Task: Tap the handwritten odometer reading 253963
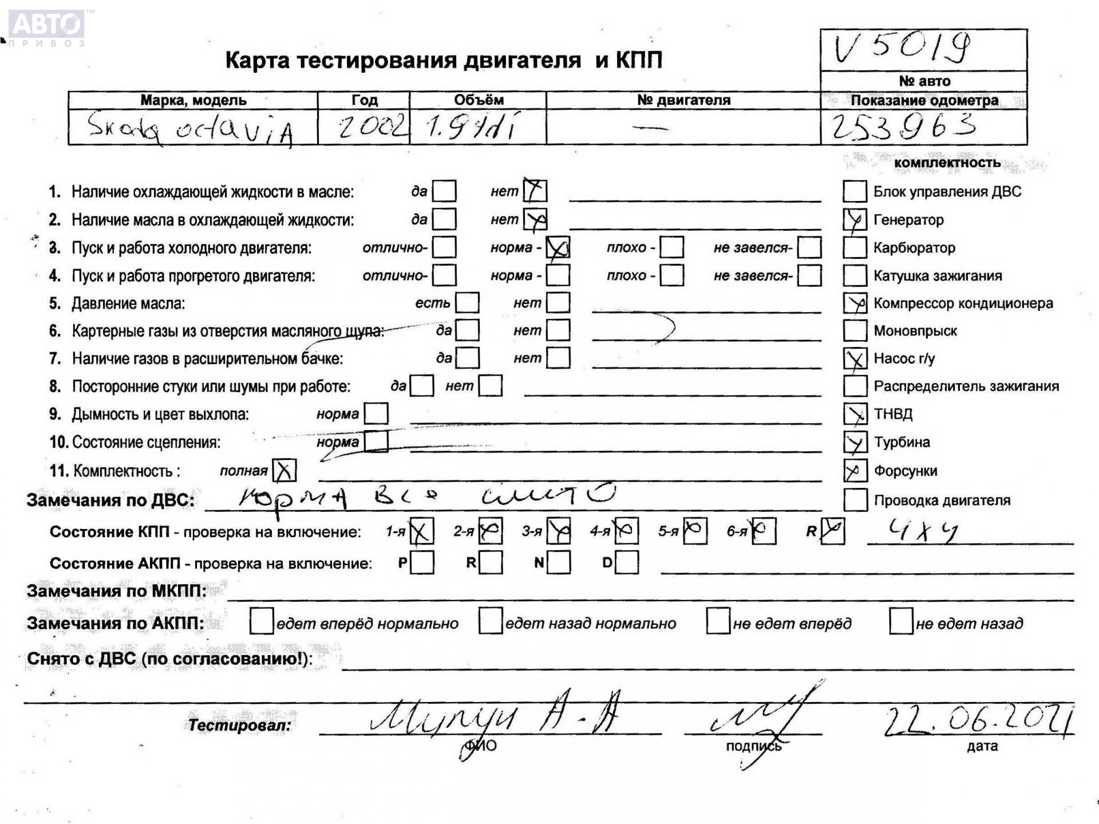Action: point(903,127)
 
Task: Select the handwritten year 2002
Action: point(373,127)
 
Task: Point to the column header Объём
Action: point(479,100)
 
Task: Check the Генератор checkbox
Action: point(855,220)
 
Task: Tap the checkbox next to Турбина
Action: point(855,442)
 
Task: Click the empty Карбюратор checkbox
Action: point(855,248)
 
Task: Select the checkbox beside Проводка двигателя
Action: point(855,500)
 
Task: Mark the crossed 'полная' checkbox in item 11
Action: point(284,471)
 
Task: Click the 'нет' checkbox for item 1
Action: point(535,191)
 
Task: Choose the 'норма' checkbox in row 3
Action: point(558,248)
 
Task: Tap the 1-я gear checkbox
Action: point(422,531)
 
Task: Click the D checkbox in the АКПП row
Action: point(627,562)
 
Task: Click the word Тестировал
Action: point(239,726)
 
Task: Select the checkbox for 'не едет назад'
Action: point(900,622)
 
